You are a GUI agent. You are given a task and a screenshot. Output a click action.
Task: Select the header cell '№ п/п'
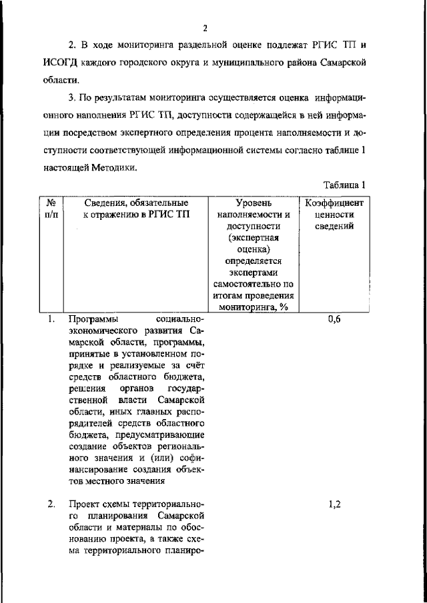(x=51, y=208)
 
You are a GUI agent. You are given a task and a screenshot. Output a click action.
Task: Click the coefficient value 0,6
(x=334, y=319)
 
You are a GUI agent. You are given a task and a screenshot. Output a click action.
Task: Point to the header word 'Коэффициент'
(x=334, y=202)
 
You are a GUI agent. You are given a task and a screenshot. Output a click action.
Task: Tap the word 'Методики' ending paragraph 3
(x=115, y=168)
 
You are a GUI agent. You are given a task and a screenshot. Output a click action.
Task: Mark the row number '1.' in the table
(x=51, y=319)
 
